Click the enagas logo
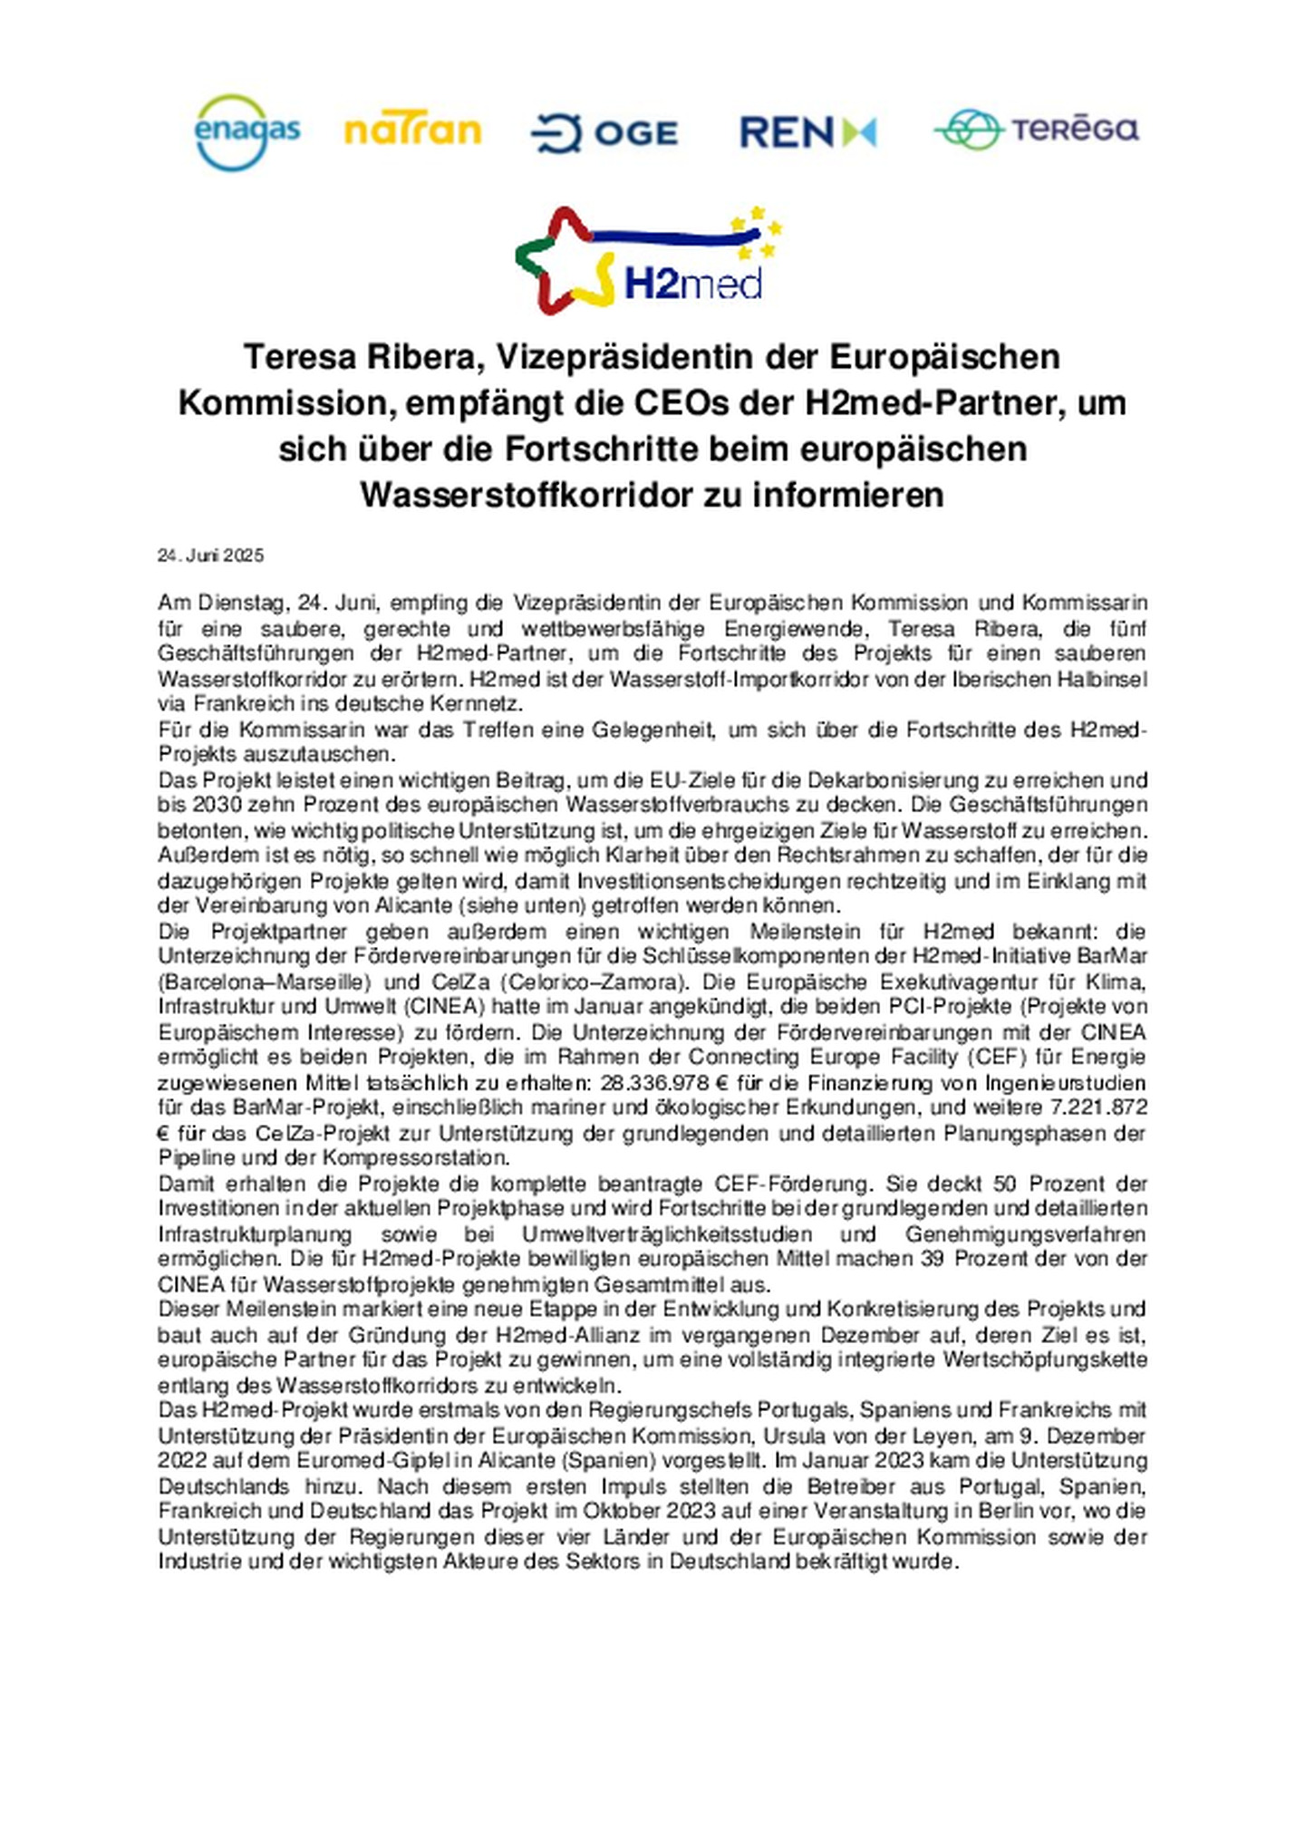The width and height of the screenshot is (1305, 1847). (x=247, y=132)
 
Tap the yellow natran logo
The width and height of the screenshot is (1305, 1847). (x=412, y=131)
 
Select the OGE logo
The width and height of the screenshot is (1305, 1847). (x=604, y=133)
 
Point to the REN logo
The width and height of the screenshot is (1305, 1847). (x=807, y=132)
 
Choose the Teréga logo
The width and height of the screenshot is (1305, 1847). (x=1037, y=130)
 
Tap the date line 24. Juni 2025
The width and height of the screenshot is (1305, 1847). (x=210, y=556)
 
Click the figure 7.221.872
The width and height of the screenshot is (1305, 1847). (x=1098, y=1107)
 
